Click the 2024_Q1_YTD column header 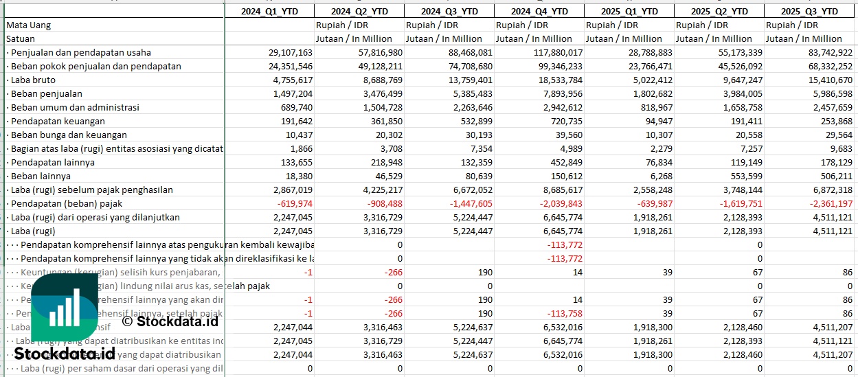tap(269, 11)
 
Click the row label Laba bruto tap(33, 80)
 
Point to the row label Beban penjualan tap(46, 93)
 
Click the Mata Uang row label tap(29, 25)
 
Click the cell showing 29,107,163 tap(286, 52)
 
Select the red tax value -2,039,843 tap(557, 203)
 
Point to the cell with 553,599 tap(743, 176)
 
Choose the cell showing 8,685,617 tap(558, 190)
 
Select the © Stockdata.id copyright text tap(170, 321)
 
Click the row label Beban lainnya tap(41, 176)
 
